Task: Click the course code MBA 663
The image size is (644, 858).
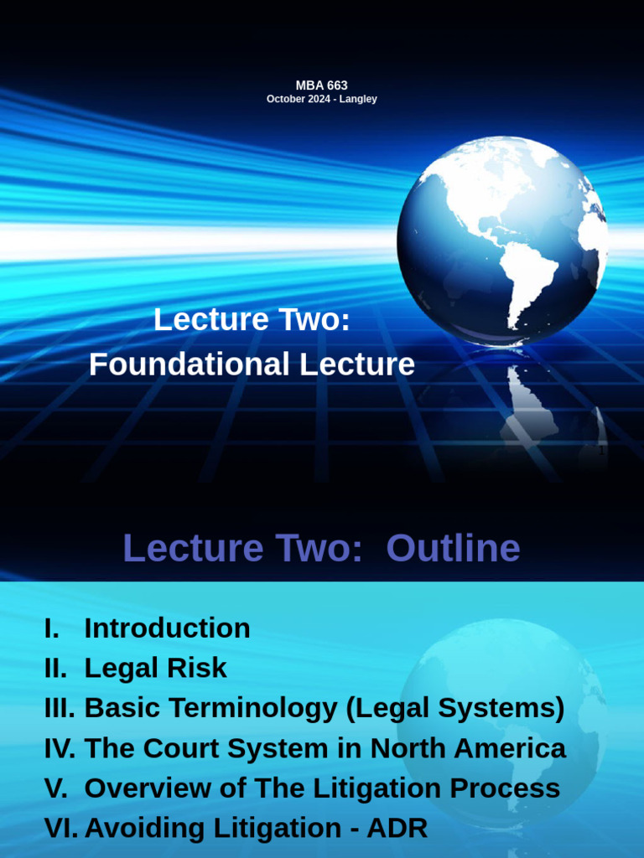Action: click(321, 85)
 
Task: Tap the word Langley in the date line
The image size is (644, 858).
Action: click(358, 99)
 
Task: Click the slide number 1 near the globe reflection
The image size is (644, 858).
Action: click(601, 451)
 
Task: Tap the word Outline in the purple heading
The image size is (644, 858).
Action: click(454, 549)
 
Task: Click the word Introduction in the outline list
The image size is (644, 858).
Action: click(167, 628)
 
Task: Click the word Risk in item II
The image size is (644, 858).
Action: click(196, 668)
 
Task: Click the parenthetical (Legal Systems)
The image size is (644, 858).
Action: click(454, 708)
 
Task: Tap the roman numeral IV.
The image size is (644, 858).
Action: click(59, 748)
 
